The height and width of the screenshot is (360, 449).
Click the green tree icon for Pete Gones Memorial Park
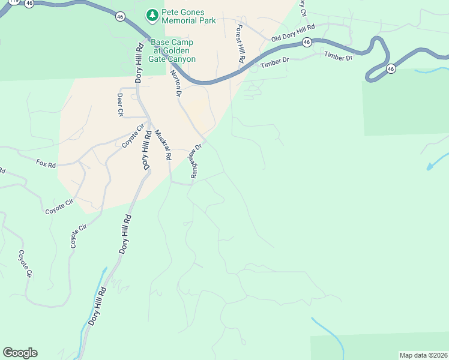pos(153,16)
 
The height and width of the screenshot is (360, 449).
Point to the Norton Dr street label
pos(176,83)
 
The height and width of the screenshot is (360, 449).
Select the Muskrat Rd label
pos(163,145)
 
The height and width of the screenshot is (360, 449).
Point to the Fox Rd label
pos(46,163)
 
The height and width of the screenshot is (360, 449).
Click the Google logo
pos(20,353)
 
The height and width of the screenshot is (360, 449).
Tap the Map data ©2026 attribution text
pos(423,355)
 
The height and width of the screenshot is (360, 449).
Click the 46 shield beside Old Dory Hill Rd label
pos(307,42)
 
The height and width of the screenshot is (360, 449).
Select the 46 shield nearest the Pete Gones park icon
pos(121,17)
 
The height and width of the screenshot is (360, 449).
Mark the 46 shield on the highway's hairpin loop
pos(391,68)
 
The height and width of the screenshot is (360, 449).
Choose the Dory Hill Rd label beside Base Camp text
pos(139,63)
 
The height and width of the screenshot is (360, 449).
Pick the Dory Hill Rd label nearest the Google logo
pos(97,306)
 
